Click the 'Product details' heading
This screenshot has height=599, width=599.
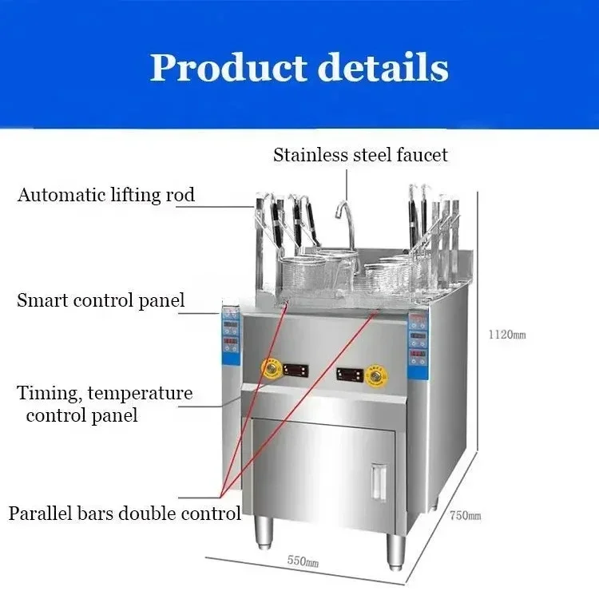click(x=299, y=67)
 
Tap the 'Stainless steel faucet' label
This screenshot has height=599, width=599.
click(x=360, y=155)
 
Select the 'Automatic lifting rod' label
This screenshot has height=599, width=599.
click(x=106, y=195)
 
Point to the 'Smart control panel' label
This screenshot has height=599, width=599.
click(x=101, y=301)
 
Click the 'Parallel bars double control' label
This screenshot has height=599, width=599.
click(x=125, y=513)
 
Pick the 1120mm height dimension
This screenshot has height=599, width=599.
click(x=507, y=335)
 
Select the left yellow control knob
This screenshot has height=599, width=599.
click(x=270, y=370)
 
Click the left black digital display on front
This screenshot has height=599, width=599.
click(x=296, y=371)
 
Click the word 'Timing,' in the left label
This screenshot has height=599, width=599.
click(x=50, y=394)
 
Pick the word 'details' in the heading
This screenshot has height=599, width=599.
click(x=383, y=67)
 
